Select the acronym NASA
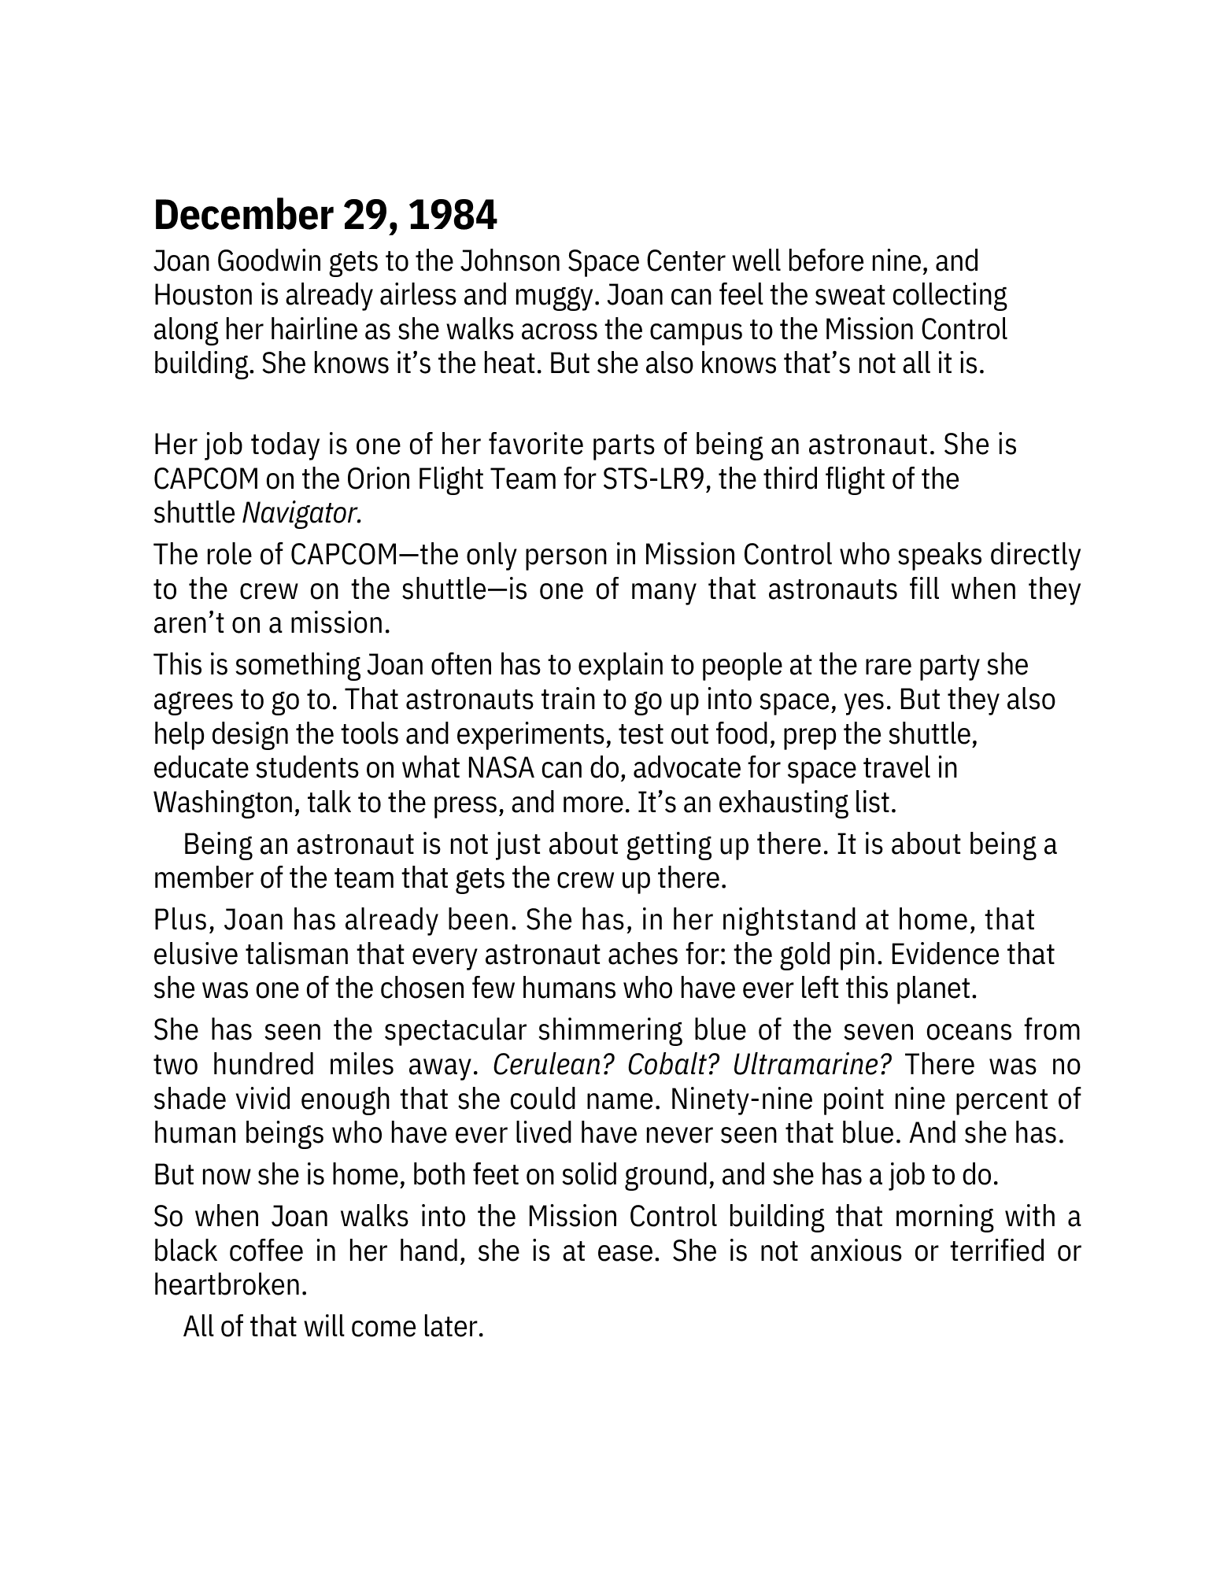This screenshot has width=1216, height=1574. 496,767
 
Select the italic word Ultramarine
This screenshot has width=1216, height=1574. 812,1064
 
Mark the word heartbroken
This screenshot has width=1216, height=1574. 227,1285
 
